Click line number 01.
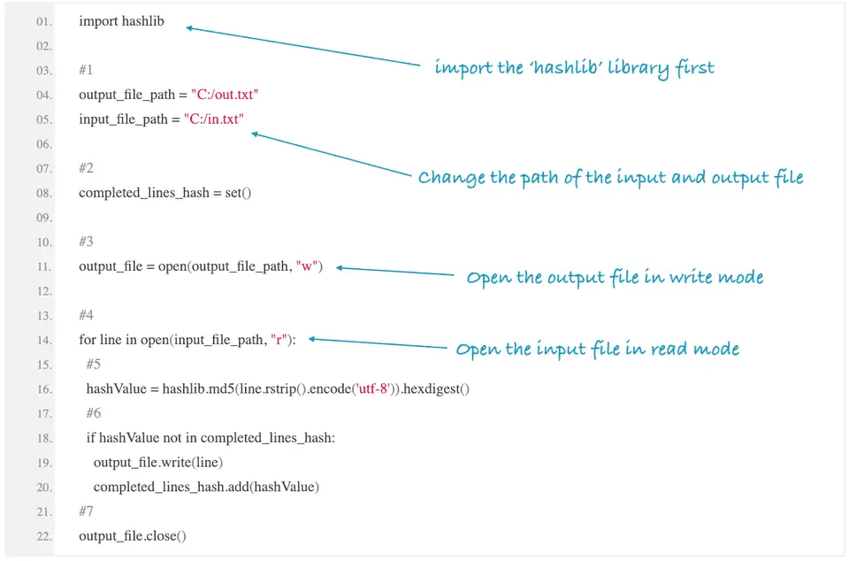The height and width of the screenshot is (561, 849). click(x=44, y=21)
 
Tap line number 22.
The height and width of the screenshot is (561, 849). click(x=44, y=536)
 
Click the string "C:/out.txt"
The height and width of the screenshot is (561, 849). click(x=225, y=95)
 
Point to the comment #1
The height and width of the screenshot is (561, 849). click(x=86, y=70)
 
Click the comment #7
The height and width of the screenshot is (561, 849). click(x=86, y=511)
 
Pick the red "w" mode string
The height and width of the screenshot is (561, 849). click(x=309, y=266)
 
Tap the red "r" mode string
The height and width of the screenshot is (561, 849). click(x=280, y=340)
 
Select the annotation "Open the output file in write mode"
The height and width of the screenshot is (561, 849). click(x=615, y=278)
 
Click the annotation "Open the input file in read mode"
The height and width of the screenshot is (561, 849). click(x=597, y=350)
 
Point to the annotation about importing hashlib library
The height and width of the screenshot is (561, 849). click(x=574, y=68)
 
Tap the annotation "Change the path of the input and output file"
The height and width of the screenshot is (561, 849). click(x=610, y=178)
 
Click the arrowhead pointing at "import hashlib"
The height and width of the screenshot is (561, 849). click(x=189, y=28)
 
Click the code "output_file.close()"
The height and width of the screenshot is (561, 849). click(x=133, y=536)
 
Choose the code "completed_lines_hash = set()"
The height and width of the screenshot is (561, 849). click(x=165, y=193)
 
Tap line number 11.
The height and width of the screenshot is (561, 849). click(x=44, y=266)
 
